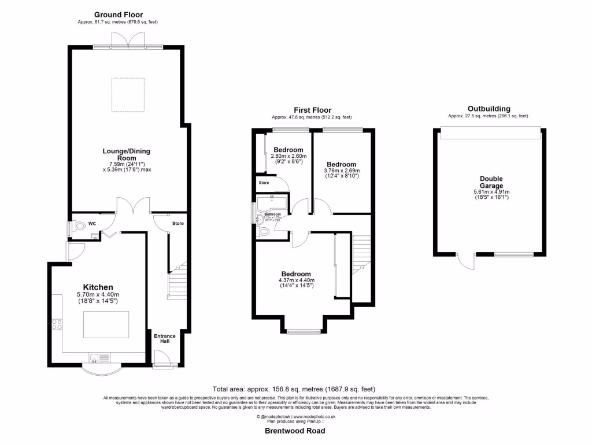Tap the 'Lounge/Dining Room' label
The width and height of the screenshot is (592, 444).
pos(126,155)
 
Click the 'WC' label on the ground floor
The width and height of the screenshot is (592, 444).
pos(92,224)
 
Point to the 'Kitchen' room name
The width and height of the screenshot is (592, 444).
pos(98,287)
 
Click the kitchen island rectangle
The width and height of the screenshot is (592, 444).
pos(106,324)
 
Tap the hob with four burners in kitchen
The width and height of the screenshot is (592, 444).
pos(58,325)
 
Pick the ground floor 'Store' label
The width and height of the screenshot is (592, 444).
pos(177,223)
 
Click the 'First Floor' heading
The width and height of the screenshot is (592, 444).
pos(312,110)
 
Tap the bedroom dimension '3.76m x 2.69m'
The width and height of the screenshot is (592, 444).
pos(341,171)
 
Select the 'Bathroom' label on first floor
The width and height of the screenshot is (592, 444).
pos(272,214)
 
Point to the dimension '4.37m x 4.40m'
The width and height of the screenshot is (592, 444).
pos(296,282)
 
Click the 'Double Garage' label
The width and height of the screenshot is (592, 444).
pos(491,183)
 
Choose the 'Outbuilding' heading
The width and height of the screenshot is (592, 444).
pos(489,108)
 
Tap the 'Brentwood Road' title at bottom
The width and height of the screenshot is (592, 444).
pos(295,431)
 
